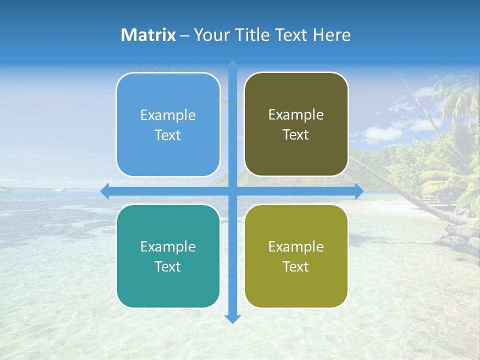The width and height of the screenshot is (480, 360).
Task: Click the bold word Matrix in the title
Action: [148, 35]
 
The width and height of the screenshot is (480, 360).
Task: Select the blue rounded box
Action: [168, 124]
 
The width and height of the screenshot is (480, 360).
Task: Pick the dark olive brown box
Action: [296, 124]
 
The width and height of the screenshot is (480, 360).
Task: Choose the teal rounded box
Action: [168, 256]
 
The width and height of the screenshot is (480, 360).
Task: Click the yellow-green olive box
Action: [296, 256]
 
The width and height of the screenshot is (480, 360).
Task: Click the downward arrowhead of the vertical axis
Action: [232, 318]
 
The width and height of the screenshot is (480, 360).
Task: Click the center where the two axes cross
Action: [232, 191]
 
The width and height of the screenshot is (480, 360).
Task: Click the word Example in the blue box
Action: [168, 115]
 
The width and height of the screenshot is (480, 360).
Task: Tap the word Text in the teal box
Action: [168, 266]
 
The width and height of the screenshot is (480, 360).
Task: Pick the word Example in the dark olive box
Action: [296, 115]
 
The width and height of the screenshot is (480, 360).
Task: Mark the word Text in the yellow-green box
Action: [296, 266]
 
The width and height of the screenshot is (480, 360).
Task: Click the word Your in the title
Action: [209, 35]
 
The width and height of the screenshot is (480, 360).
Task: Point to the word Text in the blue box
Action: [168, 135]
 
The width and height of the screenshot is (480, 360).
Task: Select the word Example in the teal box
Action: [168, 247]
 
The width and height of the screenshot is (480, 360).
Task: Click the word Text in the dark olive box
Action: [296, 134]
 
